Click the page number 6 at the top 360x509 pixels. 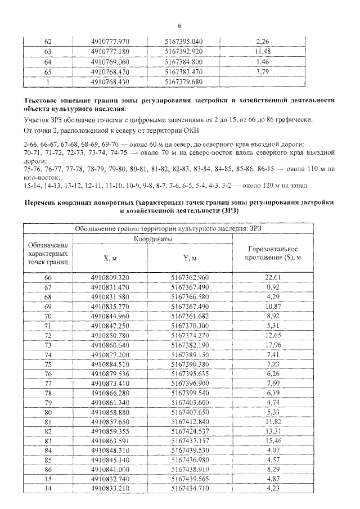[179, 26]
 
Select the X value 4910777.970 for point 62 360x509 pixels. [110, 42]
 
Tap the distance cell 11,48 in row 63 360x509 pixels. [263, 52]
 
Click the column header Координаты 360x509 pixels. [152, 239]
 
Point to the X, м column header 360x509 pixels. [110, 258]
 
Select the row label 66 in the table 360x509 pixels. [48, 277]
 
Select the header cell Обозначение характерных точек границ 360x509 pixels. [48, 254]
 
